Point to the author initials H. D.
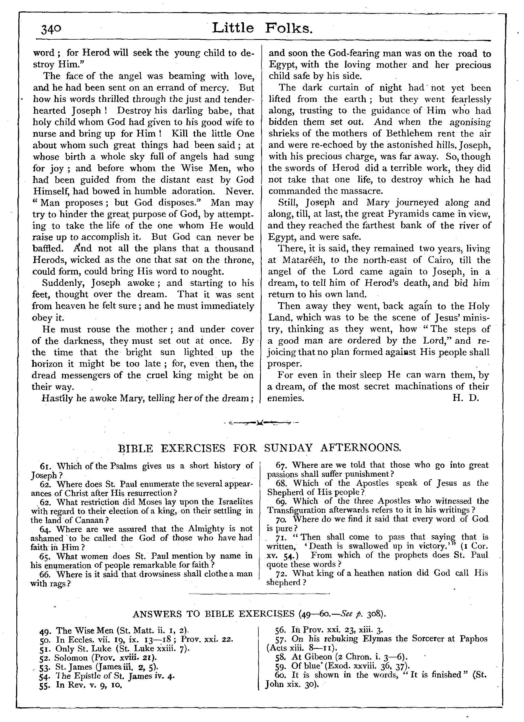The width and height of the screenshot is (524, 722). (466, 398)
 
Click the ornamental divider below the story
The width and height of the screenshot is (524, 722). (261, 423)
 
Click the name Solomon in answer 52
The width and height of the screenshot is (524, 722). (71, 658)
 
